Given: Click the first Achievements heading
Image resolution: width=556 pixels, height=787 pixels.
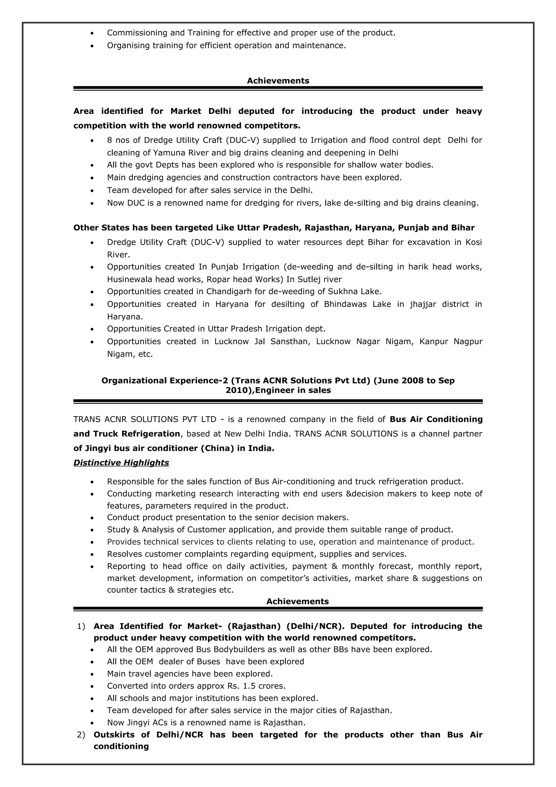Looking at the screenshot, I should click(x=278, y=81).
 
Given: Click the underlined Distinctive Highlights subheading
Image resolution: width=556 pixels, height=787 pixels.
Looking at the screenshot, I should click(x=121, y=463).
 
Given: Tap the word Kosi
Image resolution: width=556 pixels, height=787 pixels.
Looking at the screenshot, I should click(x=473, y=242).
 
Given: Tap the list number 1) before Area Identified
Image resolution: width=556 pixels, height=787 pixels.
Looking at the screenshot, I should click(x=81, y=626).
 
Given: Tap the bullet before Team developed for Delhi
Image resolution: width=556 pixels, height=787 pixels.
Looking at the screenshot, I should click(x=92, y=191).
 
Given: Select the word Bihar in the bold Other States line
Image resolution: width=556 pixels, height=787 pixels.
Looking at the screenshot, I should click(x=463, y=228).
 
